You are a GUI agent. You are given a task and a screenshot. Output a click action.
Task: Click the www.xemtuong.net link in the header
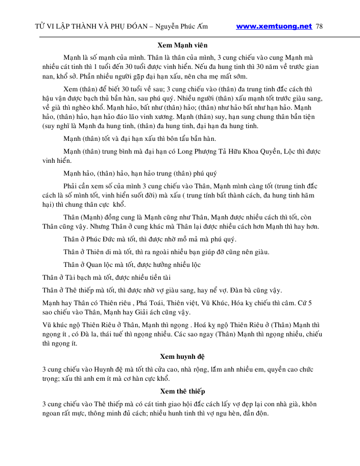tap(274, 27)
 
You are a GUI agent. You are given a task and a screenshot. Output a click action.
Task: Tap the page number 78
tap(320, 27)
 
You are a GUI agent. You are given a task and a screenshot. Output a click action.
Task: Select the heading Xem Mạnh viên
tap(182, 45)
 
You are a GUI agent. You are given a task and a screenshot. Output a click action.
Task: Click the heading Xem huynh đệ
tap(182, 356)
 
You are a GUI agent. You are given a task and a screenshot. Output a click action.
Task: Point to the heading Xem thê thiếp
tap(182, 391)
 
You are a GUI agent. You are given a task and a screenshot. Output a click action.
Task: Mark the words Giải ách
tap(146, 312)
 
